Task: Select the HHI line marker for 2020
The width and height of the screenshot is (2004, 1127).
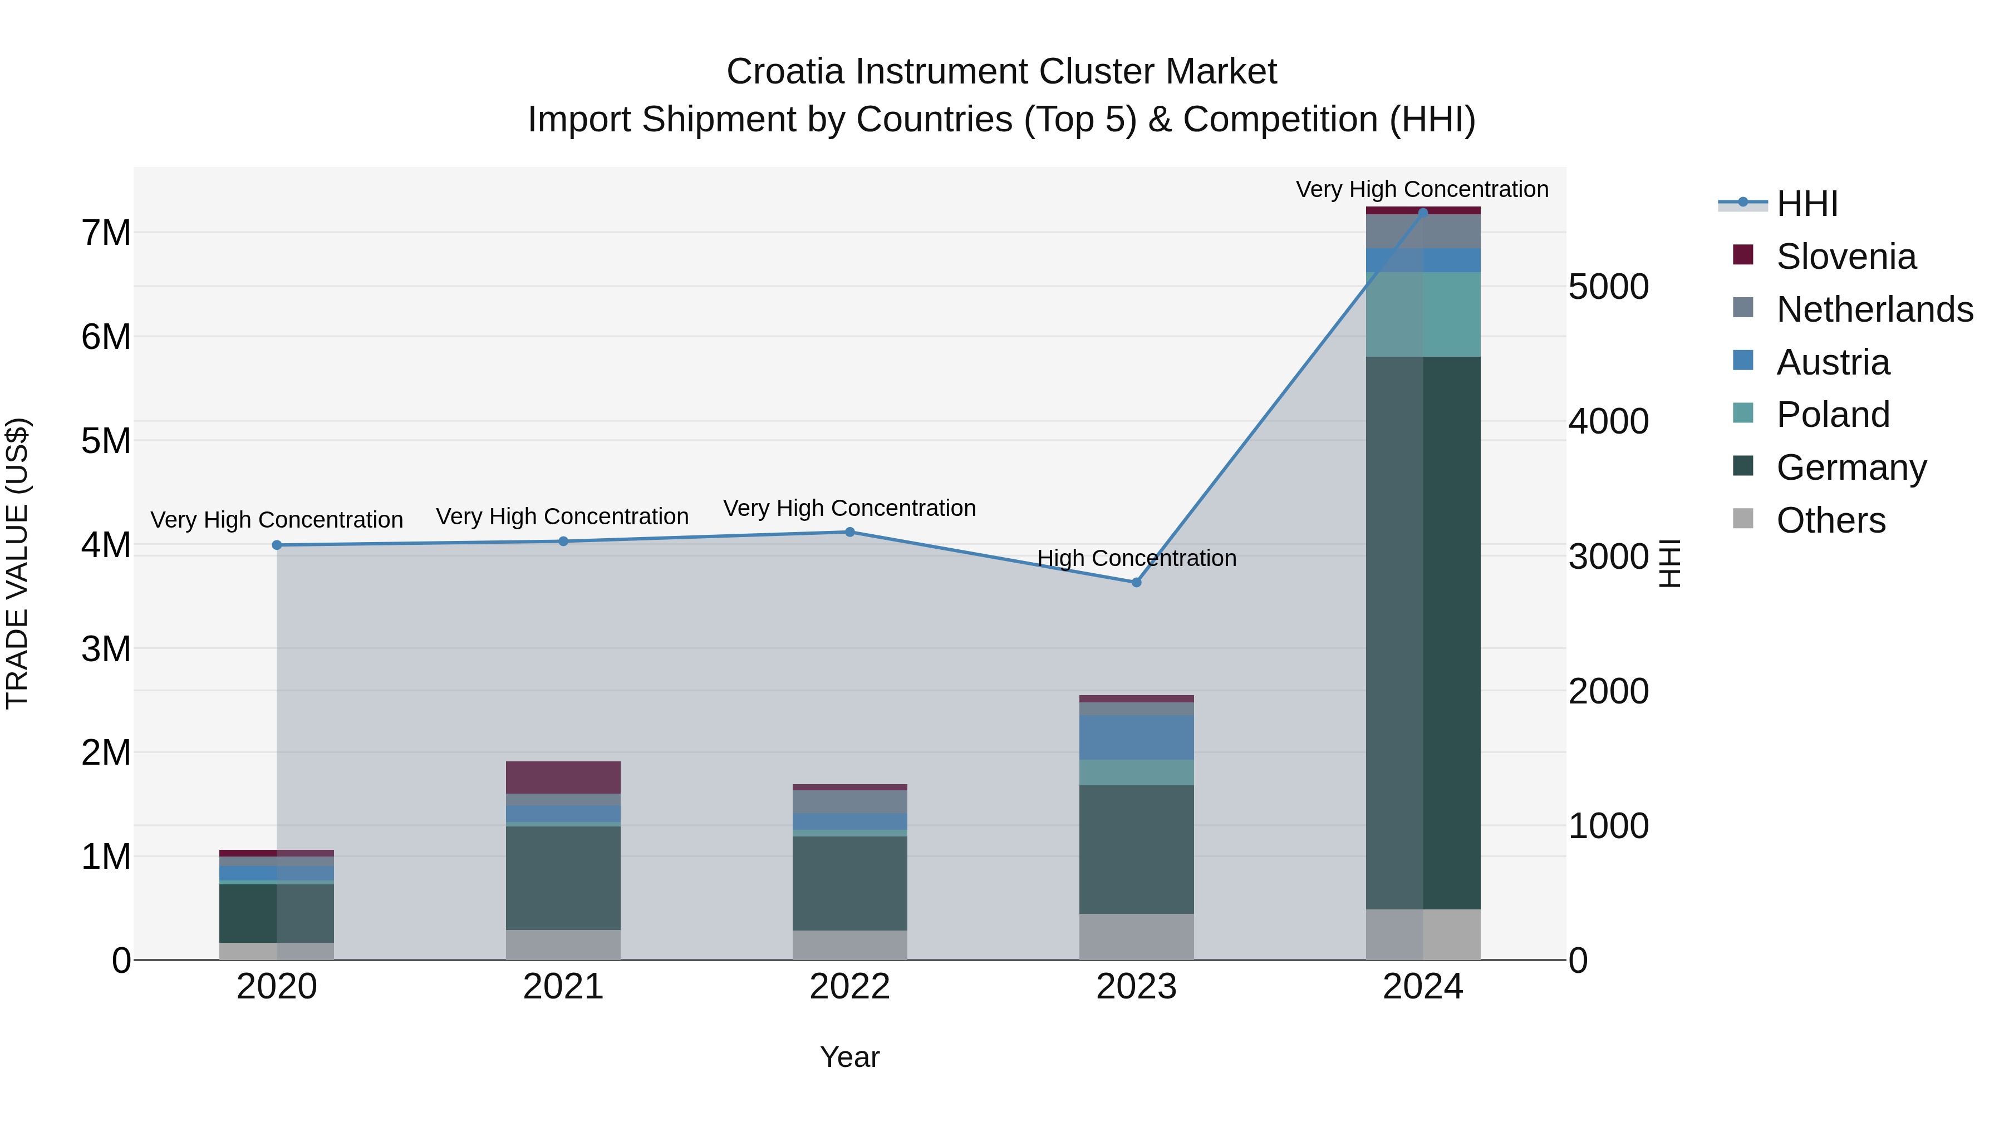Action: [x=277, y=545]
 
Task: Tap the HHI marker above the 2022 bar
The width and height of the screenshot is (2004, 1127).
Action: [x=849, y=532]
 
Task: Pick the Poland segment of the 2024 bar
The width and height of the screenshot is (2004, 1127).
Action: [x=1423, y=314]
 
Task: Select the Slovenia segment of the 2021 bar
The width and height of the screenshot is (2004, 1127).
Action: [x=563, y=777]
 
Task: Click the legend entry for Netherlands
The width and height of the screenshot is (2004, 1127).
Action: [x=1874, y=309]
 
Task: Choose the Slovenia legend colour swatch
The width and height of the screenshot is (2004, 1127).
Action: [x=1743, y=255]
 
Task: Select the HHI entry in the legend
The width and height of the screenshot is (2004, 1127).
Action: [x=1806, y=204]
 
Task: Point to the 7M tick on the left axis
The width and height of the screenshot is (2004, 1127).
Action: [x=106, y=233]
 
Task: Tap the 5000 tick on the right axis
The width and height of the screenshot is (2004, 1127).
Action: [x=1608, y=287]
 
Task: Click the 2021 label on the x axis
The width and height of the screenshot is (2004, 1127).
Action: [x=563, y=987]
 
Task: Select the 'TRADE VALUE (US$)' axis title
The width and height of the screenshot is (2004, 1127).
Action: [x=17, y=563]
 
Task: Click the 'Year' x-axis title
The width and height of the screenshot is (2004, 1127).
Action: [x=849, y=1057]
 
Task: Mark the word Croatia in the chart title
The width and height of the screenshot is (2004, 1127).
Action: [x=784, y=72]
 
